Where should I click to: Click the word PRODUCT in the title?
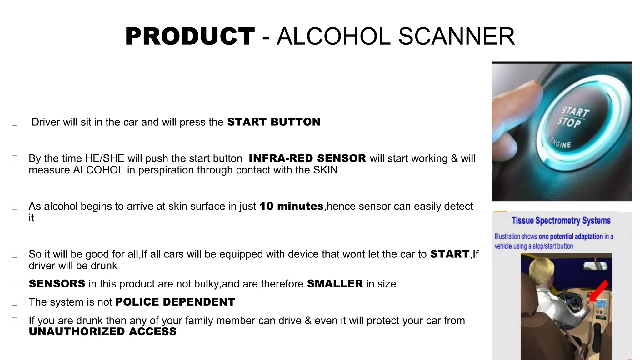190,37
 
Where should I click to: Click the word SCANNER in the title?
456,37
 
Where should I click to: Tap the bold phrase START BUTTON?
274,122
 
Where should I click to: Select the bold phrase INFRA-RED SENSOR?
307,158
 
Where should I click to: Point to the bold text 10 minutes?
291,206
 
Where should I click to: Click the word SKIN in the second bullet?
325,170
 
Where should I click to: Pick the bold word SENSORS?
57,284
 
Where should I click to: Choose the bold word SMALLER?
335,284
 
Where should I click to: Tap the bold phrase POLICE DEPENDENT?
175,302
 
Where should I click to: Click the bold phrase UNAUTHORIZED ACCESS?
102,332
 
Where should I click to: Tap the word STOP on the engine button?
569,122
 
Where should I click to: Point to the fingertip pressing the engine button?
531,91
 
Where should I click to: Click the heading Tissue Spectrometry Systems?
561,221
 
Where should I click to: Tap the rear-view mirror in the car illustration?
596,266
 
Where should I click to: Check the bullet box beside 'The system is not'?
15,302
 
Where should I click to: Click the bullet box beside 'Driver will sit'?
15,122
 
